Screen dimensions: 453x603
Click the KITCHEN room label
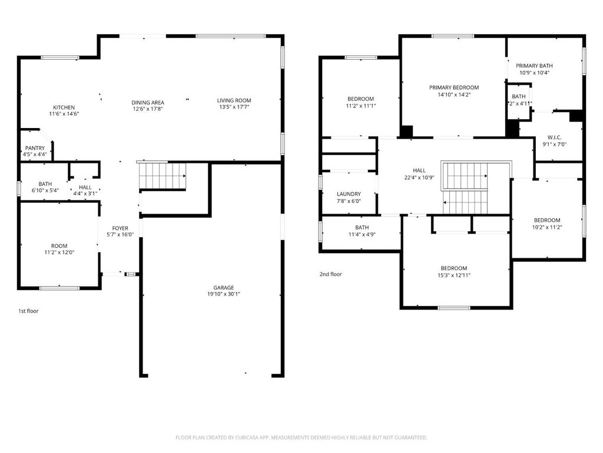(64, 107)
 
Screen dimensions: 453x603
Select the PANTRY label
(35, 148)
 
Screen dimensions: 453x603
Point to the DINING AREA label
(147, 103)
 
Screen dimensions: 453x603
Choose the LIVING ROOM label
(234, 101)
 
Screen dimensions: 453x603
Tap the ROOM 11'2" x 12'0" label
(59, 246)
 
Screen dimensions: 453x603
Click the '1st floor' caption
(28, 310)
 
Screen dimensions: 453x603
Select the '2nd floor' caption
(330, 274)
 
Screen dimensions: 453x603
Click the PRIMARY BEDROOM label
(453, 87)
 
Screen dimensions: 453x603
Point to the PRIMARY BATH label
(534, 66)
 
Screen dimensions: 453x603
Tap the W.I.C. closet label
(554, 137)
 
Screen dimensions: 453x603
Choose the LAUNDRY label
(349, 194)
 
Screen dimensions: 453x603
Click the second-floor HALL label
(419, 170)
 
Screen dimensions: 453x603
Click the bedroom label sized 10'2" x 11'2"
(547, 221)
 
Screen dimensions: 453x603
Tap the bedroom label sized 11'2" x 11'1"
(360, 99)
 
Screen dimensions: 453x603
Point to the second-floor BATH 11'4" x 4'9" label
(362, 228)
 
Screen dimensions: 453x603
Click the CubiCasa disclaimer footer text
(301, 438)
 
